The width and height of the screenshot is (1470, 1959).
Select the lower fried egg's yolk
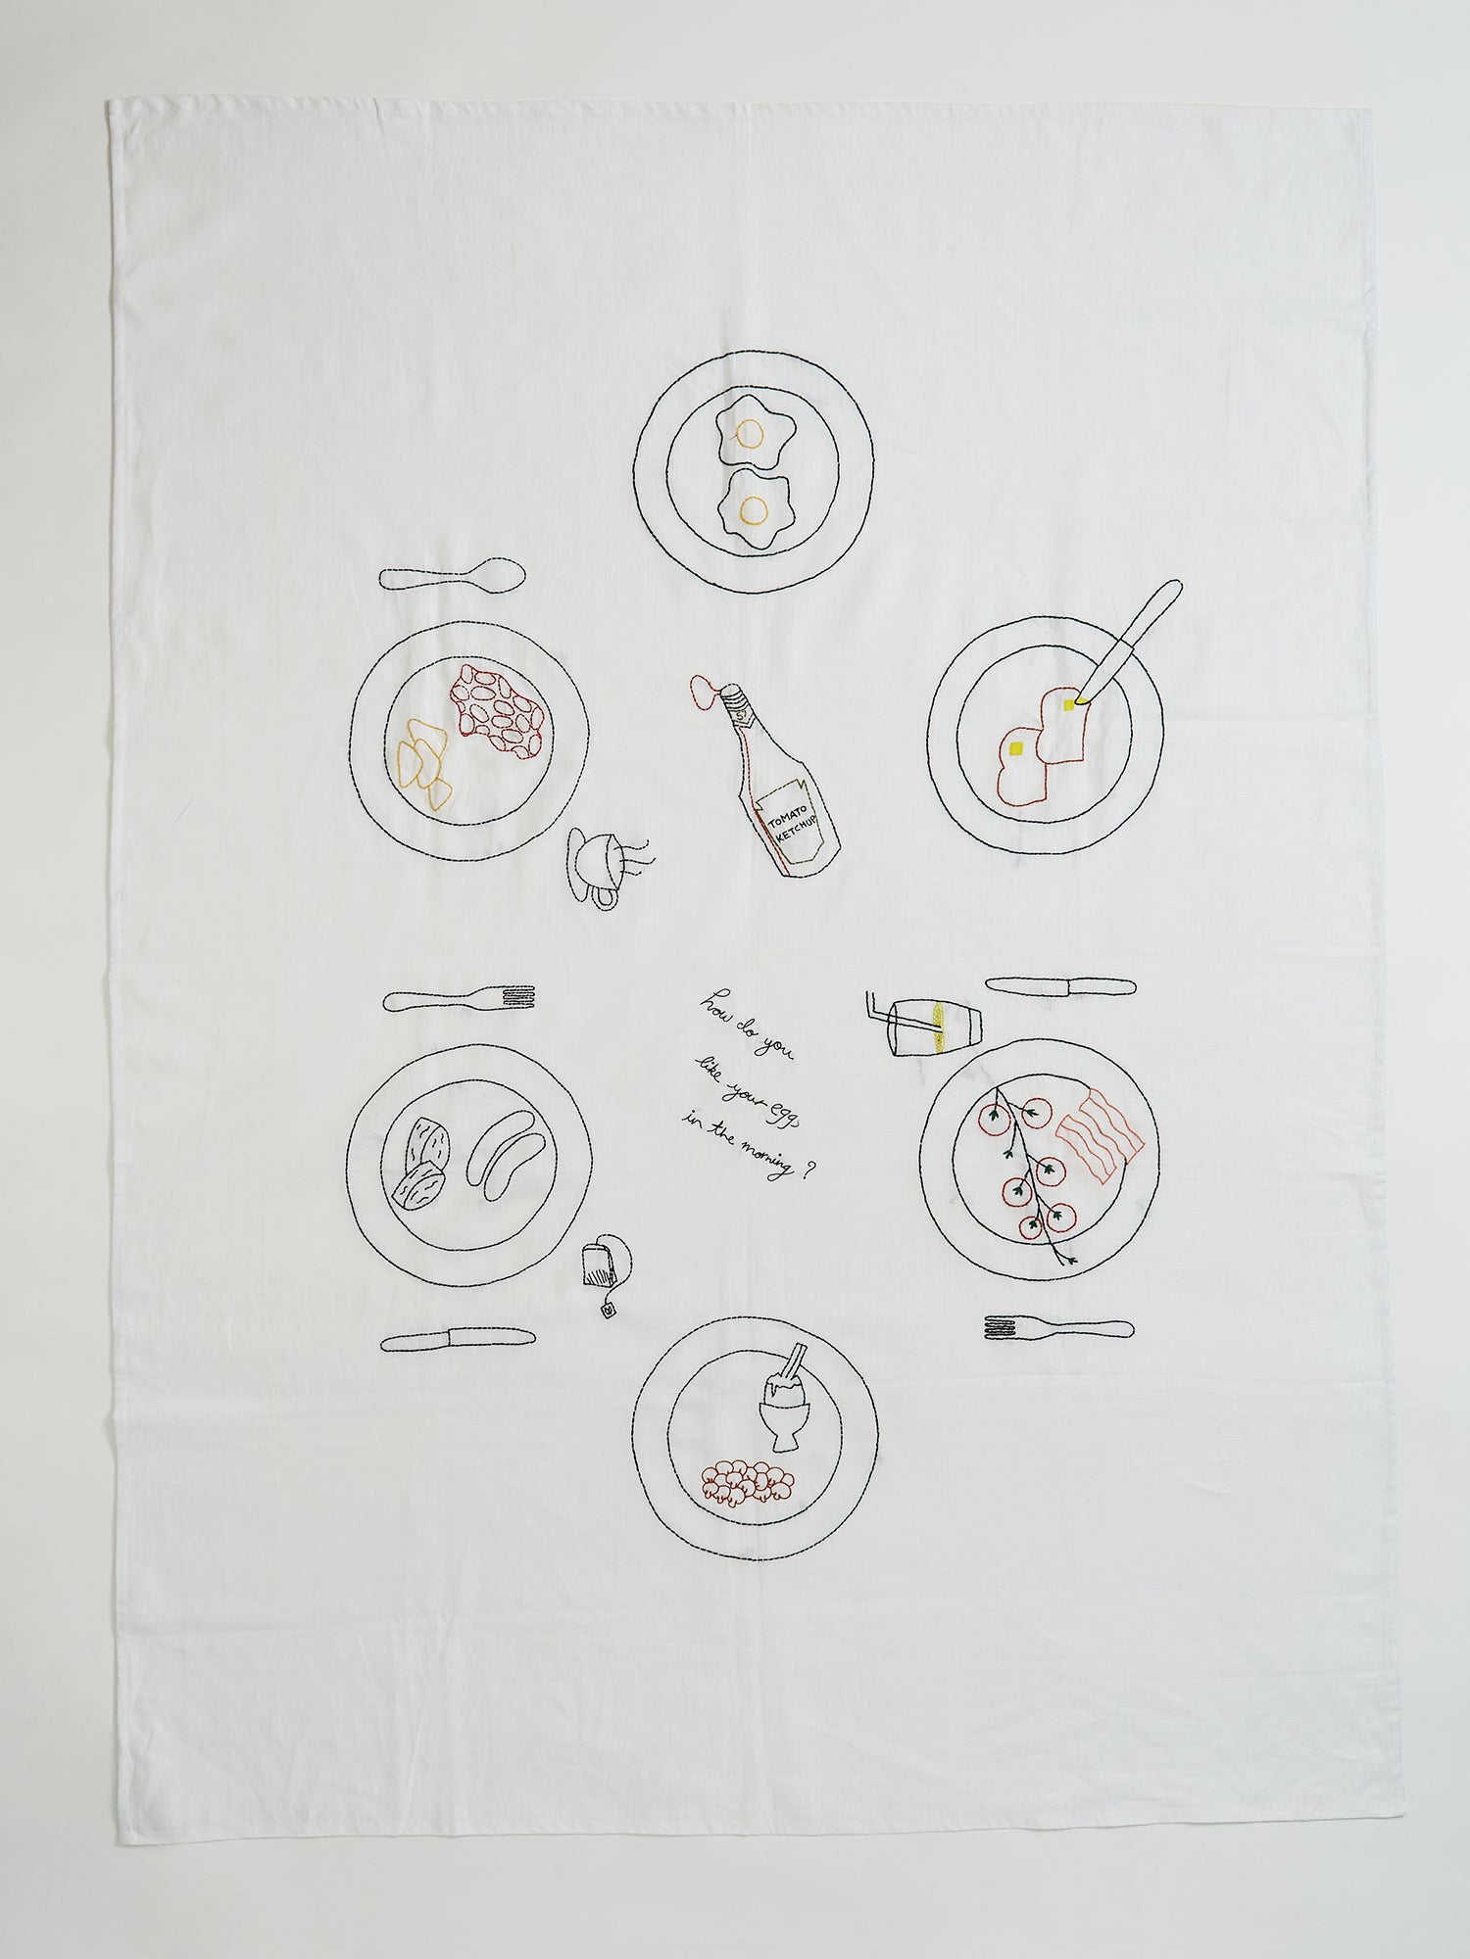coord(754,508)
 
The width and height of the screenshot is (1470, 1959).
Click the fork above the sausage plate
coord(459,998)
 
